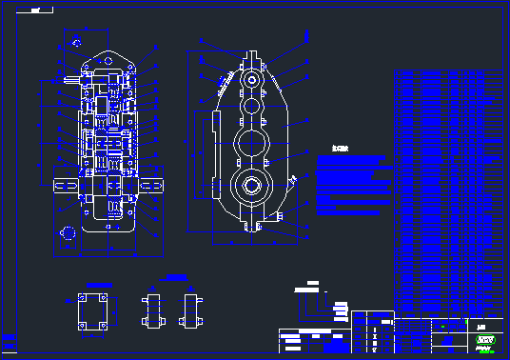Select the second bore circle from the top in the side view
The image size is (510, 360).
(x=251, y=107)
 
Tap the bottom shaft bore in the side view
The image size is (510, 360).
(x=252, y=186)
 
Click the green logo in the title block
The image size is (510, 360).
(x=487, y=340)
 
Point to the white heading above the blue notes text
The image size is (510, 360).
(x=341, y=149)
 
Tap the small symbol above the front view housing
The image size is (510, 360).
(x=73, y=40)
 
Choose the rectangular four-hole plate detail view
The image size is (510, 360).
(x=91, y=311)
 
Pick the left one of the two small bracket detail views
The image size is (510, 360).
(x=153, y=310)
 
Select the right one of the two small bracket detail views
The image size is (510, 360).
(x=192, y=310)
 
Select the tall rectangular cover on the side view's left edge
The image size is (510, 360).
(x=203, y=152)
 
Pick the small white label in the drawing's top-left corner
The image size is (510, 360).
(x=37, y=10)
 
